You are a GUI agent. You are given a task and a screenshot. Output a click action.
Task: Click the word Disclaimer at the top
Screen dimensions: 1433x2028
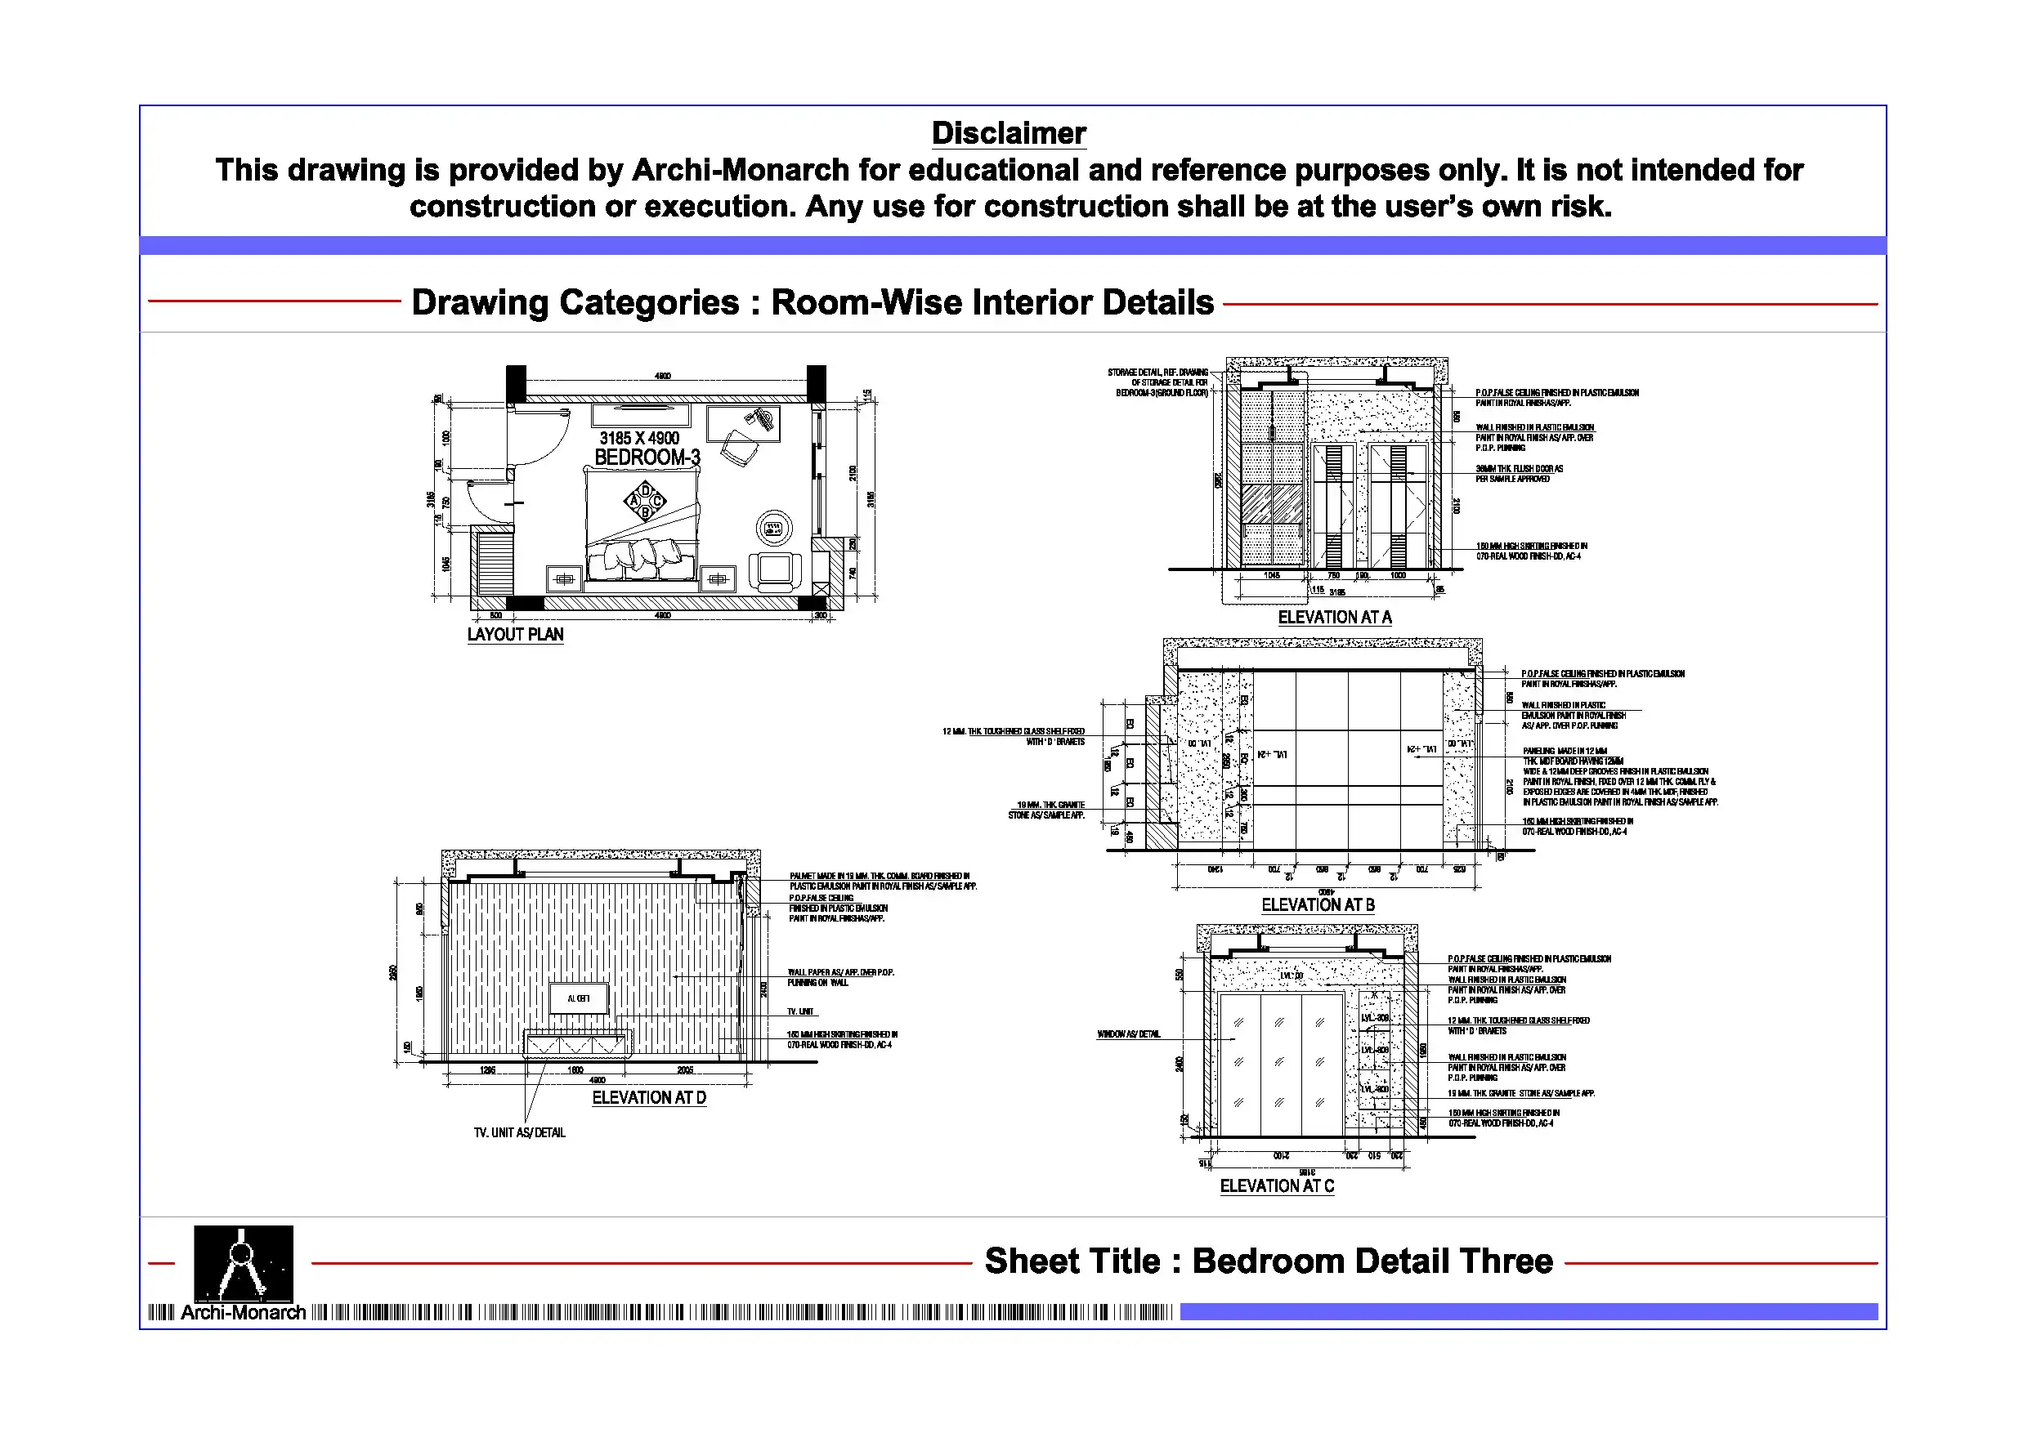pos(1008,133)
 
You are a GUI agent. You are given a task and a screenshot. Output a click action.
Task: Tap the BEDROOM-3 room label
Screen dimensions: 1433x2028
pos(647,458)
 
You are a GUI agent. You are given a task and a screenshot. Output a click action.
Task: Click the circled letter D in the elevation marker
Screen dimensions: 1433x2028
pos(646,490)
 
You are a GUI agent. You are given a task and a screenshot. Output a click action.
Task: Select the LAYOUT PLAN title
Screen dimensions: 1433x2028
pos(515,634)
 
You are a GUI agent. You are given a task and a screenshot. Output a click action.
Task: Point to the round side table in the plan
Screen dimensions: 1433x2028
pos(774,528)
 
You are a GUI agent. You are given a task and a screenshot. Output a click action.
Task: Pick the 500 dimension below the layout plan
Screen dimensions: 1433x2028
pos(495,615)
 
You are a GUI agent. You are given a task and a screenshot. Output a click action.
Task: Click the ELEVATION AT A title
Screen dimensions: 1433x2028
pos(1334,617)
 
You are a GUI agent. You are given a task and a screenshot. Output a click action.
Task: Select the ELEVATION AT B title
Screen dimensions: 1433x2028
pos(1317,904)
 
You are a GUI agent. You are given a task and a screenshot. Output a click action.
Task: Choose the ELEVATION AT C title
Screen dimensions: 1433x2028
pos(1276,1185)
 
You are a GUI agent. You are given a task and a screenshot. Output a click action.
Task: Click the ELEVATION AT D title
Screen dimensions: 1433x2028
pos(648,1097)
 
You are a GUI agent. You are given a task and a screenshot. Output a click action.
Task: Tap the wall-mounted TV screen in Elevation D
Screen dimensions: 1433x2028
pos(579,998)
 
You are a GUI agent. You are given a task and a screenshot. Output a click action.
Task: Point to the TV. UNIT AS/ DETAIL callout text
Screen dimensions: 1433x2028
pos(519,1133)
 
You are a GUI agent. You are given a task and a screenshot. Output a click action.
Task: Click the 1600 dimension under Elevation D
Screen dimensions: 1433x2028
pos(575,1070)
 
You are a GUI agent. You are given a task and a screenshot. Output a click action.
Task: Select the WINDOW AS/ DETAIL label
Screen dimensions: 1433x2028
pos(1128,1034)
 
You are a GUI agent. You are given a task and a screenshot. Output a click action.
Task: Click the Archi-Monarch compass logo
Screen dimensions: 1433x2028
pos(243,1262)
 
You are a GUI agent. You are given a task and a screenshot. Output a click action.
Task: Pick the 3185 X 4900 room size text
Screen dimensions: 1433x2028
pos(639,438)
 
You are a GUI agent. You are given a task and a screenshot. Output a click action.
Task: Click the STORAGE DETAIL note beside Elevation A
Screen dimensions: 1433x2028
pos(1161,382)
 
